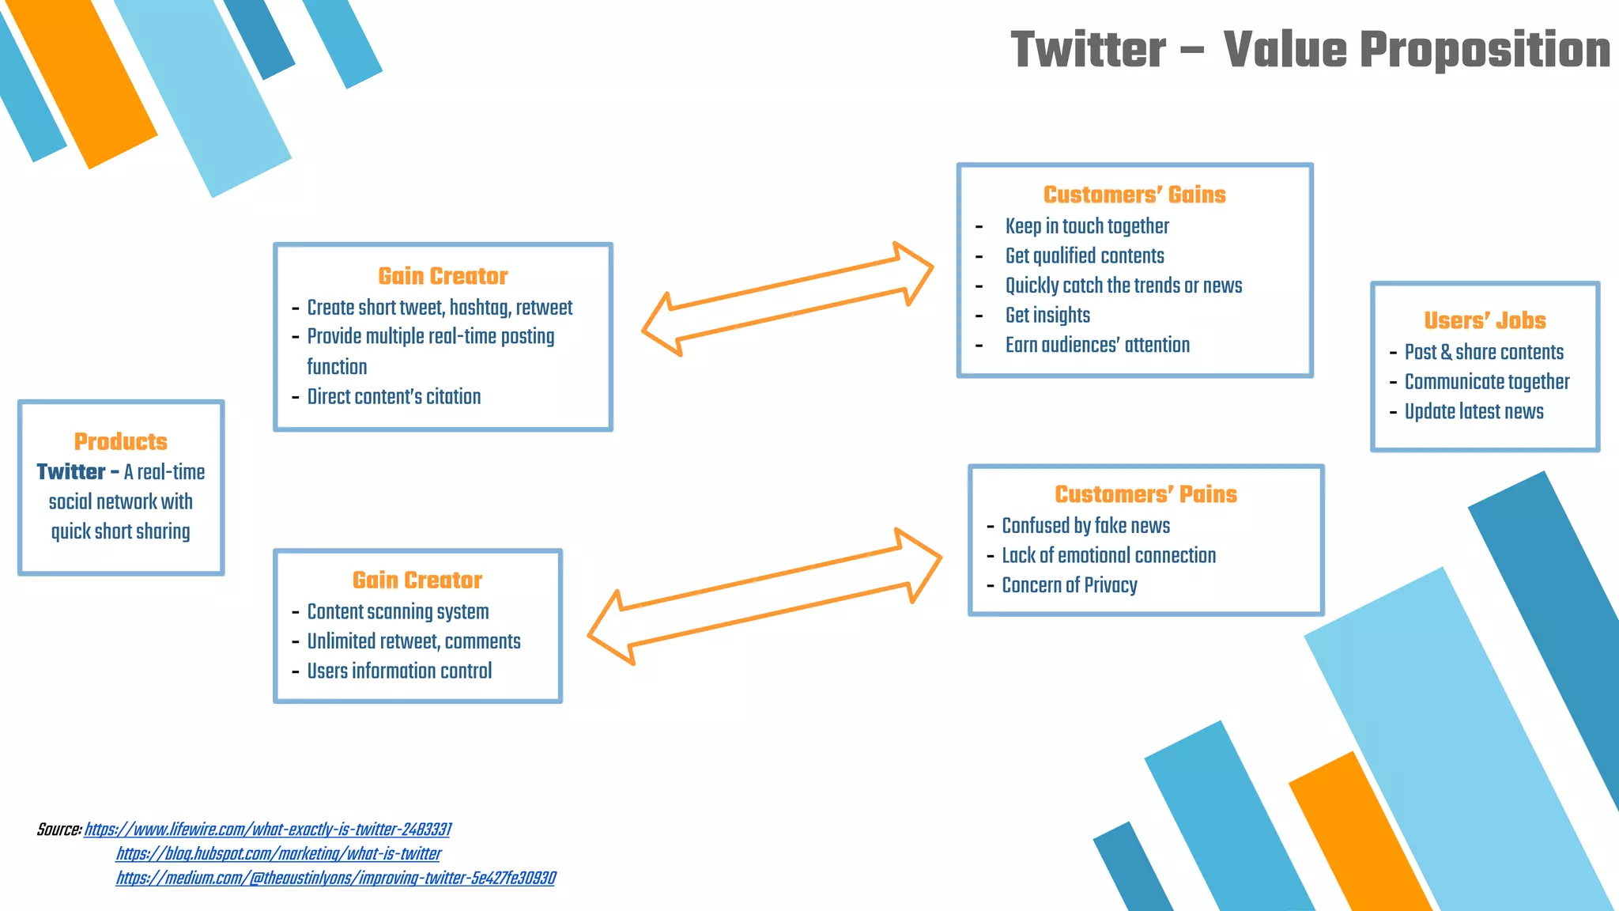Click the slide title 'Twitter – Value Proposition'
[1310, 49]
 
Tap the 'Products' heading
[121, 441]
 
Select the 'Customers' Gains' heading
[1134, 195]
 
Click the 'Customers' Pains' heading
[1145, 494]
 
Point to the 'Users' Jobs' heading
[1485, 320]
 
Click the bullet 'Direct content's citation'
[394, 397]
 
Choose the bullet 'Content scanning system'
[398, 612]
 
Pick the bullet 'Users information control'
[399, 671]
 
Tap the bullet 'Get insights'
[1047, 316]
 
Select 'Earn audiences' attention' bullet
[1097, 346]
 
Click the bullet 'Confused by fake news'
[1085, 526]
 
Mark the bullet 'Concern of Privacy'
[1070, 585]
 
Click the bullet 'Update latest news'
[1474, 412]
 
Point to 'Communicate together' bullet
[1486, 382]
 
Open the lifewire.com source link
[267, 830]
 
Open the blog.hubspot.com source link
[278, 854]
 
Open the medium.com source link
[335, 879]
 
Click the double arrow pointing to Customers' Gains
[787, 299]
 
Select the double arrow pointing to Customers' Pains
[764, 597]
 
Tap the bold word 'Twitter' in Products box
[70, 472]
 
